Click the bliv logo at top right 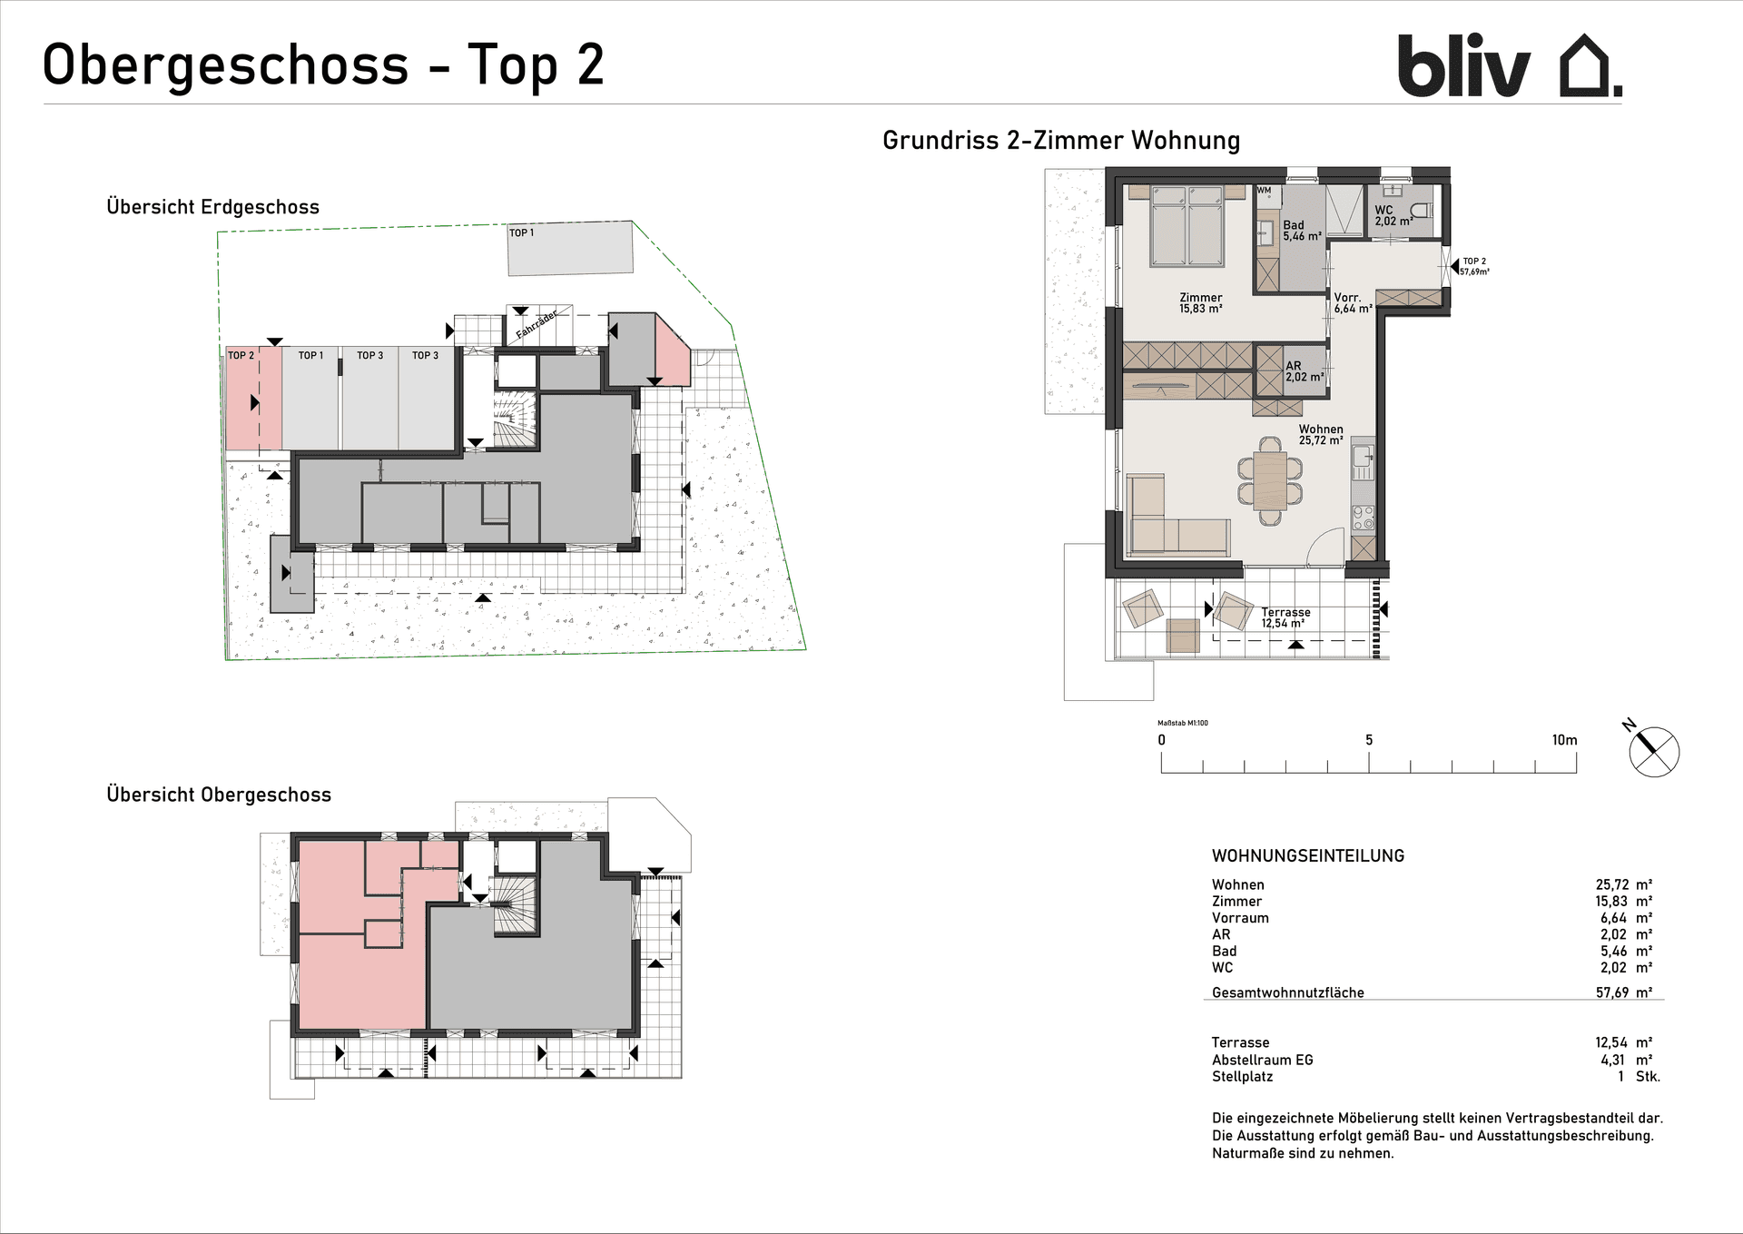click(x=1510, y=65)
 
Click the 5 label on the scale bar click(x=1369, y=740)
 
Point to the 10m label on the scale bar click(x=1564, y=740)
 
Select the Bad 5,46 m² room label click(x=1302, y=231)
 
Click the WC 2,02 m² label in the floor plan click(x=1393, y=215)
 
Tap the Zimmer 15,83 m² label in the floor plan click(x=1201, y=303)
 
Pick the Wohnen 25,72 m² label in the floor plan click(x=1321, y=435)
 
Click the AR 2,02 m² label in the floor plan click(x=1305, y=371)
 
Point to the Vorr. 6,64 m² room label click(x=1353, y=303)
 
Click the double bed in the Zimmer click(x=1187, y=225)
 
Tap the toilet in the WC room click(x=1422, y=211)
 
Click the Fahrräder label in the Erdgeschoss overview click(x=537, y=324)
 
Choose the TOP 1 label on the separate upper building click(x=521, y=233)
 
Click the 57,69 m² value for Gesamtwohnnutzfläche click(x=1624, y=992)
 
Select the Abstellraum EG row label click(x=1262, y=1060)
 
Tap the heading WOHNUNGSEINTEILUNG click(x=1308, y=855)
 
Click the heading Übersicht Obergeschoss click(x=219, y=795)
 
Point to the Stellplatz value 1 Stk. click(x=1639, y=1077)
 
